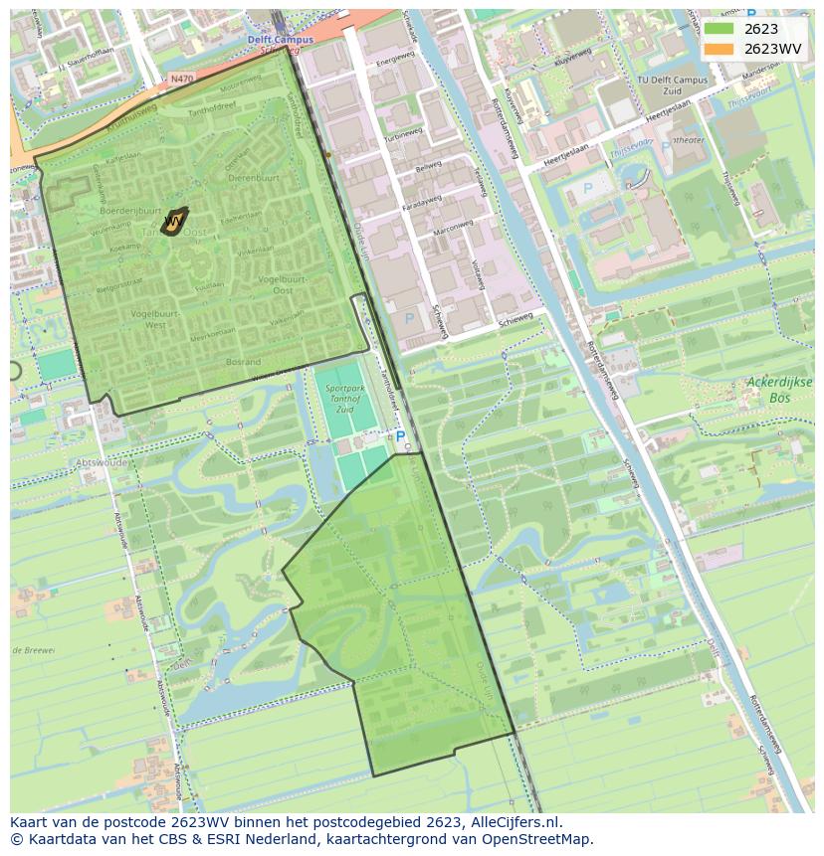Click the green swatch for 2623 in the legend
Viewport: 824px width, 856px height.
[721, 29]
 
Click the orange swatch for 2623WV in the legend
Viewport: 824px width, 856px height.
[721, 49]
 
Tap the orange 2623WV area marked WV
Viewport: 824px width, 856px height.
[174, 220]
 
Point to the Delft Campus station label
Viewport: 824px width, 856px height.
[280, 40]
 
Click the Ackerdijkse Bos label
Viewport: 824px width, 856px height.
[779, 389]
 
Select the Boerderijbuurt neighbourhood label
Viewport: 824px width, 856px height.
[131, 210]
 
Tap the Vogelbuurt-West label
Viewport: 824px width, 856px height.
[139, 319]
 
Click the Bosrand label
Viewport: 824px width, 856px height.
[243, 362]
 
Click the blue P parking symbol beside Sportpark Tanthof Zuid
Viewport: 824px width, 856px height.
[400, 435]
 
